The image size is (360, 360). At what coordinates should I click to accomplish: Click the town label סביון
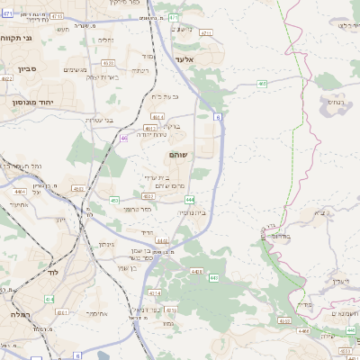(24, 68)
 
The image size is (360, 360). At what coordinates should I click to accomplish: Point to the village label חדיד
(148, 230)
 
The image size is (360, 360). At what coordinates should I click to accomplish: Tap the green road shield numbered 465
(261, 84)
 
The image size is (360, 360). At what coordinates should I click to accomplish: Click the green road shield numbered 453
(114, 200)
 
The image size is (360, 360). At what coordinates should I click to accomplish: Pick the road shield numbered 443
(213, 279)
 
